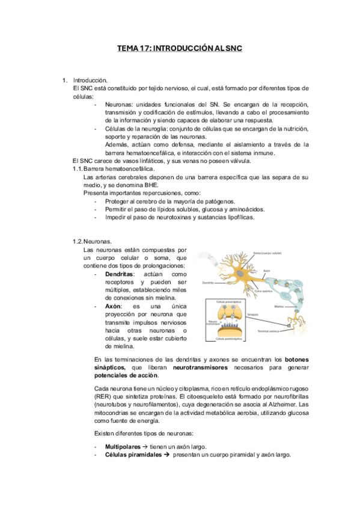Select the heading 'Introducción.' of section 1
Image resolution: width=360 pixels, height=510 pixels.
tap(90, 80)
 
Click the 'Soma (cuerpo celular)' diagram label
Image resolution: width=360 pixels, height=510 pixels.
tap(267, 253)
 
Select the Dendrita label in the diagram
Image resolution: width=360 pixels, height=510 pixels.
tap(208, 283)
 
